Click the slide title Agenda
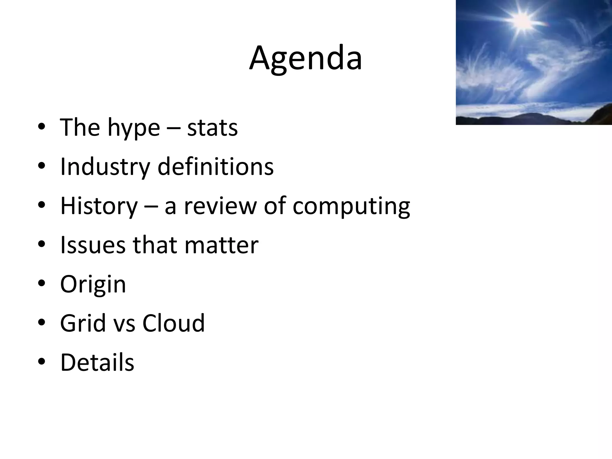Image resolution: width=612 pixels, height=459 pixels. point(306,59)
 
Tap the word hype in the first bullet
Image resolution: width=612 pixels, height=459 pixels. point(134,128)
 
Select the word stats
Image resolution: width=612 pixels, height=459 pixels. point(212,128)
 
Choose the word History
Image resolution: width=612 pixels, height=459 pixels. point(99,206)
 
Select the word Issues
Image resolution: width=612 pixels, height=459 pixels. point(93,245)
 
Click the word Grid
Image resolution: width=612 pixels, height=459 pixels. point(83,323)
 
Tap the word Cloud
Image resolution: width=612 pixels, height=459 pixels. point(174,323)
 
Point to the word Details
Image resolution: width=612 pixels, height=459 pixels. point(97,362)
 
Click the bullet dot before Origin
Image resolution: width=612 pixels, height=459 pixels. point(42,283)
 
